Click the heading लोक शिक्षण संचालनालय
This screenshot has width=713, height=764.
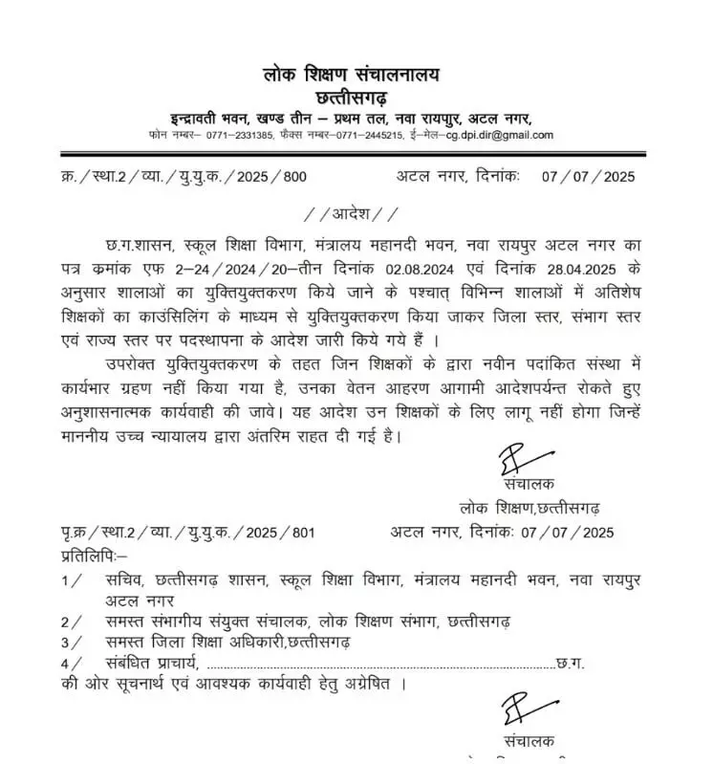point(356,73)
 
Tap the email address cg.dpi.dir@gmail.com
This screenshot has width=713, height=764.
point(499,135)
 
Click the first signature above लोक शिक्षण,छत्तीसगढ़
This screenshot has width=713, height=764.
point(510,462)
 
